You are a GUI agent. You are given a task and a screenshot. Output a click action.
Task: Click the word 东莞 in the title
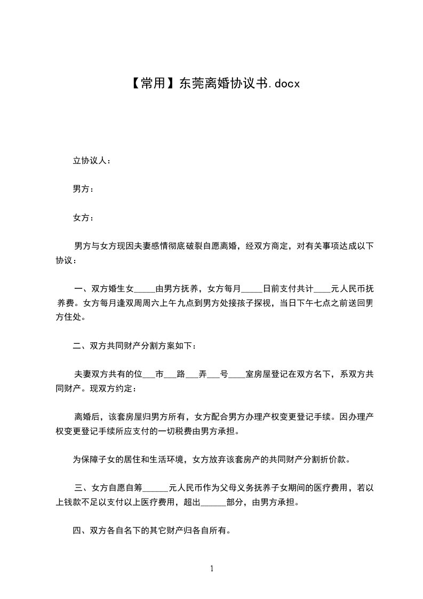(190, 83)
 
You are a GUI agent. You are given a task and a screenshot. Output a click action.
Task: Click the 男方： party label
(84, 189)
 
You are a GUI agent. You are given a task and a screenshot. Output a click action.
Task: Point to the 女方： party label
(84, 218)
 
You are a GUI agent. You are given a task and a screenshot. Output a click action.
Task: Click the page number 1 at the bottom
(212, 569)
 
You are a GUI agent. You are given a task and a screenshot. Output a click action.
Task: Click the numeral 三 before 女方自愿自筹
(78, 487)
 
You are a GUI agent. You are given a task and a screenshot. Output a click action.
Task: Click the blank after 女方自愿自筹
(156, 487)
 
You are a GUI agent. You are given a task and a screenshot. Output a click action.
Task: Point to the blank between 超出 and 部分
(213, 502)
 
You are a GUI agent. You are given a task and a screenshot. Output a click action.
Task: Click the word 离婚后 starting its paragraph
(87, 417)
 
